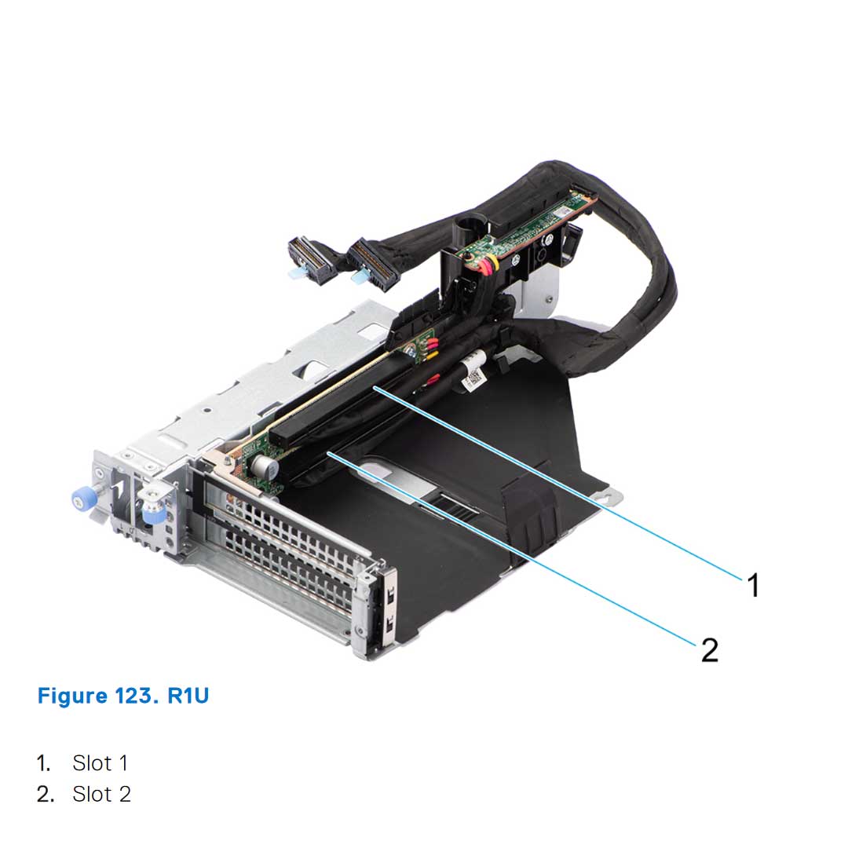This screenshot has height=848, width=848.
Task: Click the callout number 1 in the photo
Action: tap(753, 585)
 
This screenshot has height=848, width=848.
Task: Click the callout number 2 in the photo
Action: tap(709, 649)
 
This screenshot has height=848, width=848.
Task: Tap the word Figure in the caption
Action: tap(73, 696)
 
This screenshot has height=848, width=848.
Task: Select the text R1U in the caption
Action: tap(188, 696)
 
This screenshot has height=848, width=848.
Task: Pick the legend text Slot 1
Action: tap(100, 762)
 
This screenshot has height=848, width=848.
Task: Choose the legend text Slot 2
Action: tap(101, 794)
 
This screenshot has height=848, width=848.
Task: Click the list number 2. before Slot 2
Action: tap(45, 794)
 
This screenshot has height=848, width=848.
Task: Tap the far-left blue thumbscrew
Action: tap(80, 499)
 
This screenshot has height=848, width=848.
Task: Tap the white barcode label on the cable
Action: tap(473, 379)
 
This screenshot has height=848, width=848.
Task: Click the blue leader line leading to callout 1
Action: tap(565, 487)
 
